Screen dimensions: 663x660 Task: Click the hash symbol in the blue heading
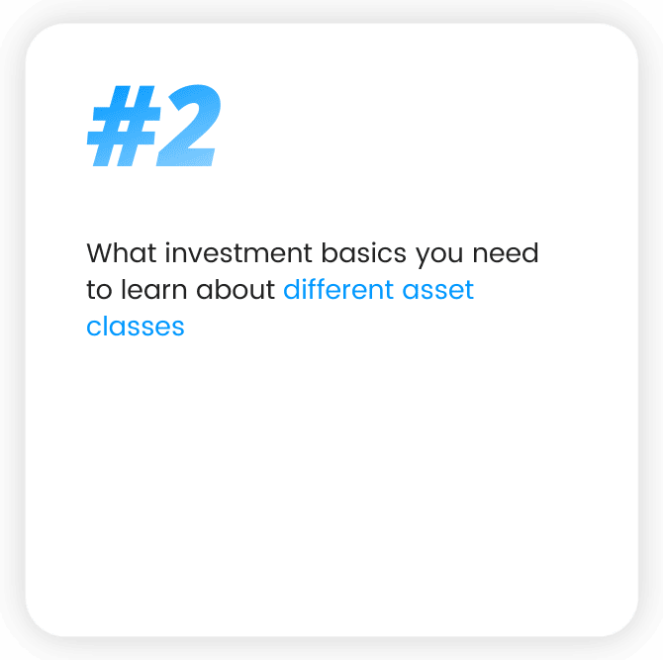coord(124,126)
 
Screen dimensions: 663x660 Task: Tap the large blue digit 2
coord(189,126)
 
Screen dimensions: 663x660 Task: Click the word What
coord(122,253)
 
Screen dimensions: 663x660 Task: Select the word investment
coord(238,253)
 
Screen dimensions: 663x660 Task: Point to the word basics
coord(363,253)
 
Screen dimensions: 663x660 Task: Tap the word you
coord(439,255)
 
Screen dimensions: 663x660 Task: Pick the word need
coord(506,253)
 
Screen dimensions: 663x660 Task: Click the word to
coord(99,290)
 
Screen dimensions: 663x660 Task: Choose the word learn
coord(154,289)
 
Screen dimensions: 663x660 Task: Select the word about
coord(236,289)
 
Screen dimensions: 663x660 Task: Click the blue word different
coord(338,289)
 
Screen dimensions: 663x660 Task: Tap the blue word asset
coord(438,290)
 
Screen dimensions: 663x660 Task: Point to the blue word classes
coord(136,327)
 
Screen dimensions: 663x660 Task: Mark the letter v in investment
coord(197,256)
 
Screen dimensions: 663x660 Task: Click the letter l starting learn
coord(123,289)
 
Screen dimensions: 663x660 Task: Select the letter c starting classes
coord(94,328)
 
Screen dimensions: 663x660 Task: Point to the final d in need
coord(529,253)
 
